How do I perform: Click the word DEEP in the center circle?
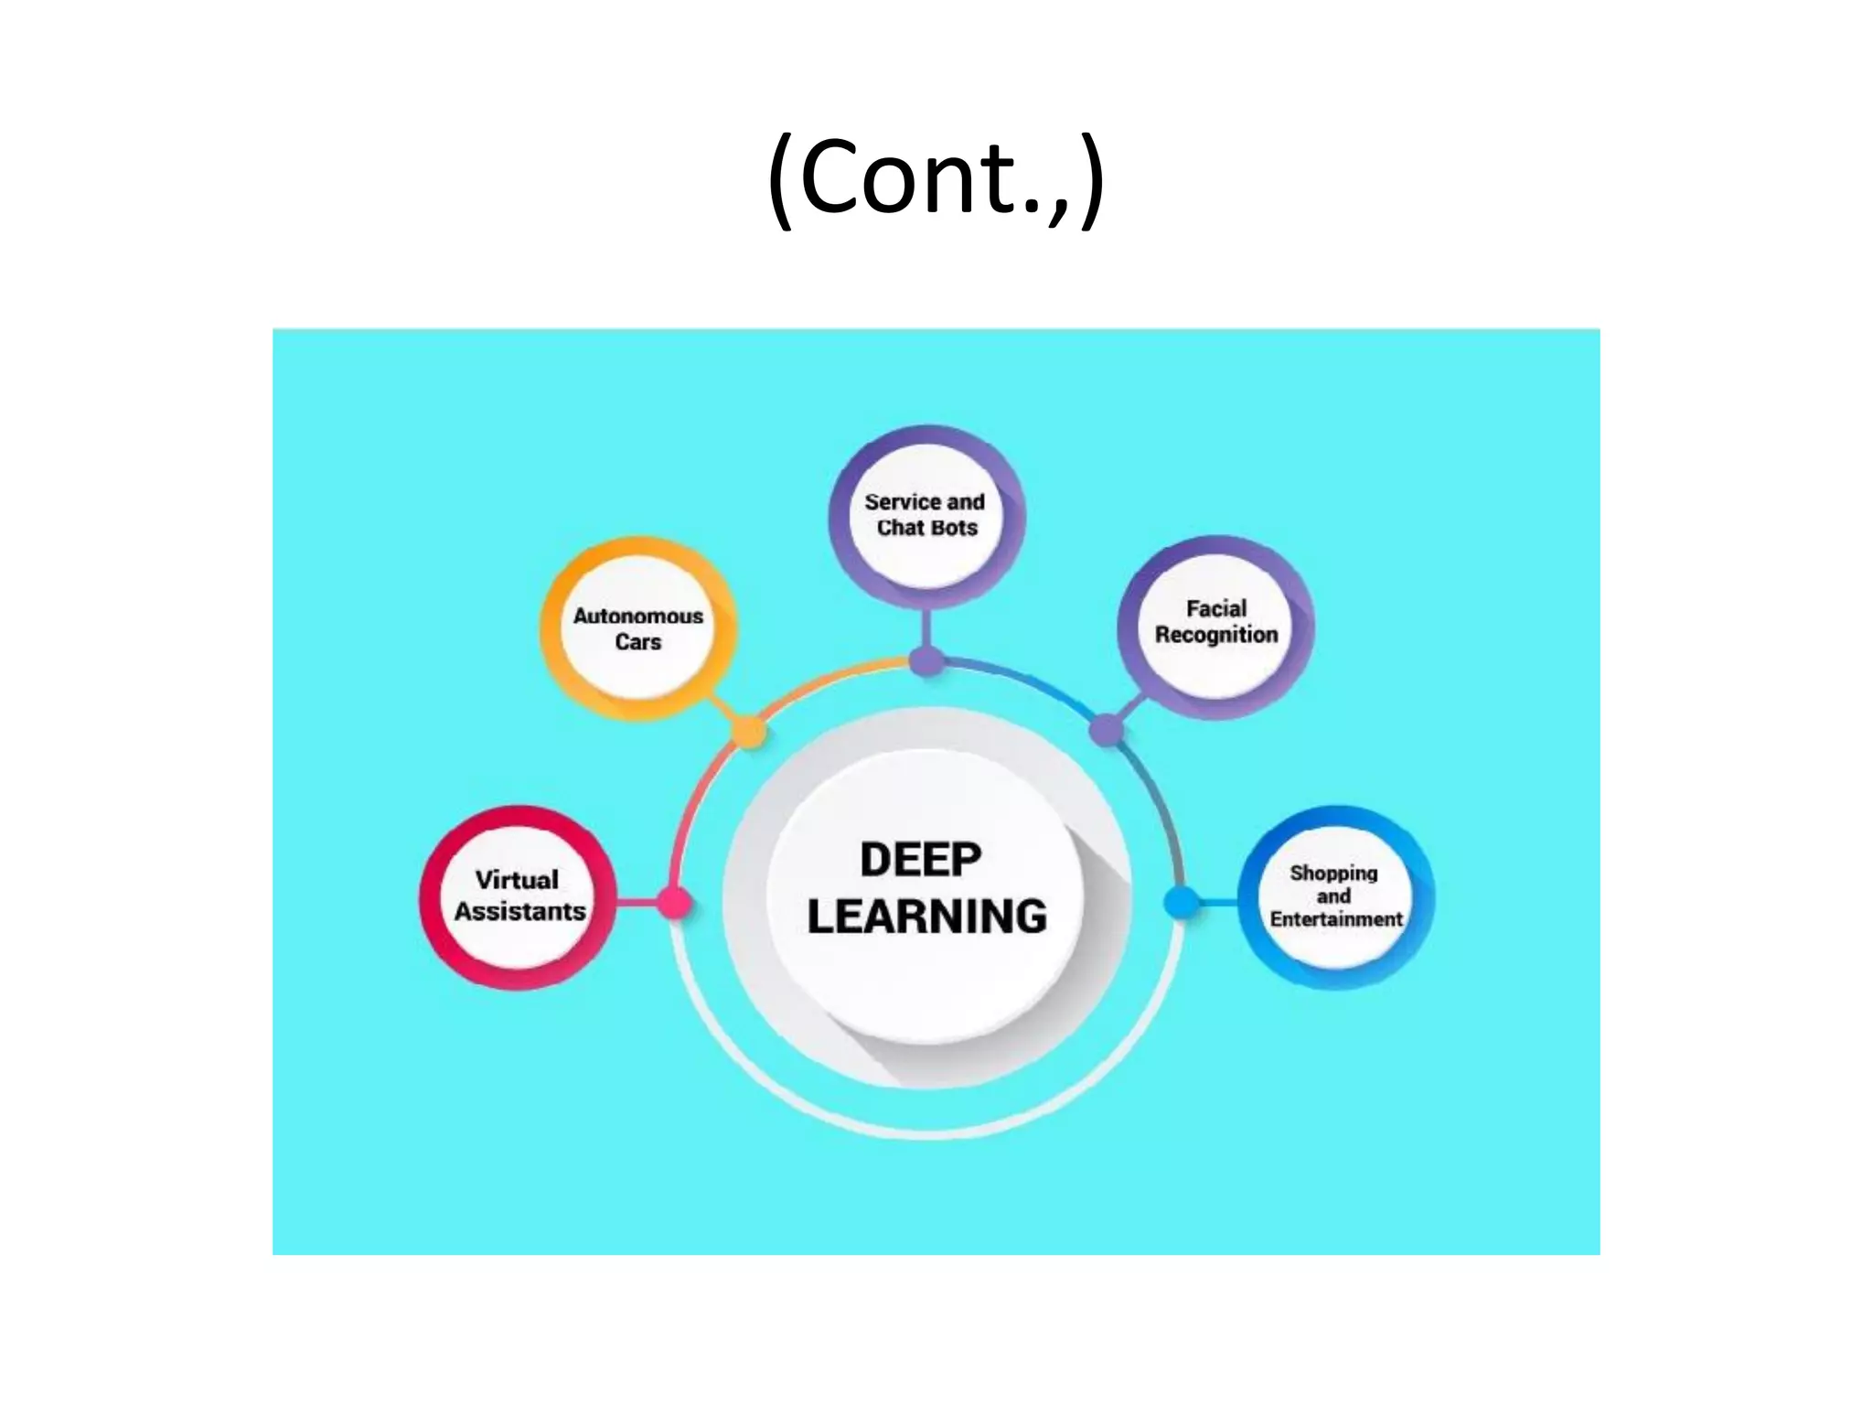tap(920, 860)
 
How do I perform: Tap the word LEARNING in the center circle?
tap(926, 917)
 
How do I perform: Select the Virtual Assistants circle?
tap(518, 897)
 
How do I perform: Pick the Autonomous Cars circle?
tap(638, 629)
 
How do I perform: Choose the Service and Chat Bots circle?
tap(926, 516)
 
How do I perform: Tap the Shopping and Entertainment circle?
tap(1335, 896)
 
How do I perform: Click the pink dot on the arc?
tap(675, 903)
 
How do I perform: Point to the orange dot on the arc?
tap(750, 732)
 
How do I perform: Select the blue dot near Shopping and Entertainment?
tap(1181, 902)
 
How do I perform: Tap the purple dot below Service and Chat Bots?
tap(926, 660)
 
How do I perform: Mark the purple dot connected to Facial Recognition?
tap(1106, 730)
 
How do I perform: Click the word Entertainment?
tap(1335, 919)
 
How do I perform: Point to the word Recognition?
tap(1215, 635)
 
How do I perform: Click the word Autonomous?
tap(638, 617)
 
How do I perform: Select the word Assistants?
tap(519, 912)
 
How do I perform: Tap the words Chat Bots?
tap(926, 529)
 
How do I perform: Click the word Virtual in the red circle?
tap(517, 880)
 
